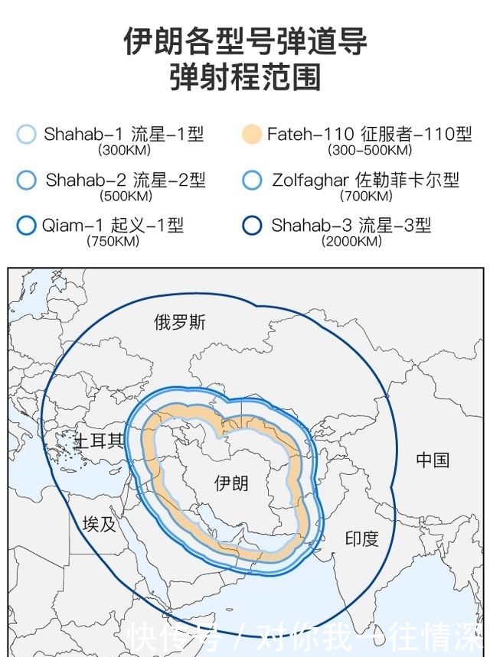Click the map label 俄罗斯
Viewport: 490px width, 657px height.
click(x=180, y=322)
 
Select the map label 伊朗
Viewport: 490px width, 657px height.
click(x=231, y=483)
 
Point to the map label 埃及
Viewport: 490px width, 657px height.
click(x=100, y=524)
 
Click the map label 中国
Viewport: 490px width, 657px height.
click(x=433, y=460)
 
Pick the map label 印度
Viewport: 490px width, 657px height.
click(x=361, y=538)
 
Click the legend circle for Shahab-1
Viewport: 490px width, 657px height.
click(x=26, y=135)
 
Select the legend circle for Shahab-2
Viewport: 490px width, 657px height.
click(x=26, y=181)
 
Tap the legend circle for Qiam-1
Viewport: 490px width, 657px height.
click(x=26, y=226)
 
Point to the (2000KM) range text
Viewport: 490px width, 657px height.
click(x=351, y=242)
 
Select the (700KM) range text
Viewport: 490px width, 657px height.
click(x=366, y=197)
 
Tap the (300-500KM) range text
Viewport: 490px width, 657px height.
click(x=370, y=151)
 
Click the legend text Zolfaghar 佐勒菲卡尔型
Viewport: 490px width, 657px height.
click(x=365, y=181)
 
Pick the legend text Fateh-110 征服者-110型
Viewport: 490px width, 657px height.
click(x=370, y=135)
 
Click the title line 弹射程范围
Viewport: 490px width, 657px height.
click(x=245, y=78)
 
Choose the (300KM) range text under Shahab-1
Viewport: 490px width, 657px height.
click(x=125, y=151)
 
